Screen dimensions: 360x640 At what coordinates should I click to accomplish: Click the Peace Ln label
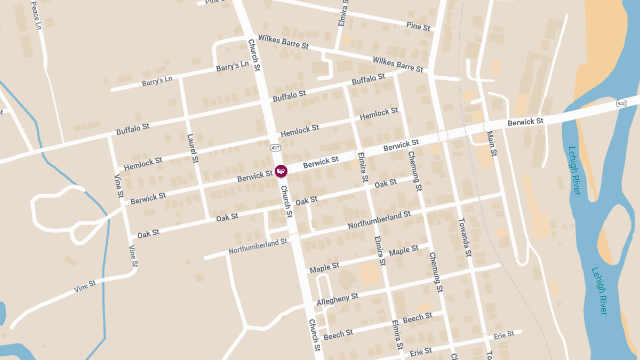pos(36,14)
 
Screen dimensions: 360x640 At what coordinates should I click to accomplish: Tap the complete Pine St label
pos(418,27)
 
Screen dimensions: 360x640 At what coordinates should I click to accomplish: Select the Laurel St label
pos(193,148)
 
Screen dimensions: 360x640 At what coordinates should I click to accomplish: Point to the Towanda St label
pos(465,237)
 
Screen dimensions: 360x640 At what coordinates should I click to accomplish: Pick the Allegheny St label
pos(337,299)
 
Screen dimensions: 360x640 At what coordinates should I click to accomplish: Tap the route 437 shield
pos(275,147)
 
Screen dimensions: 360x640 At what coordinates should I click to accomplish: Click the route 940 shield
pos(621,103)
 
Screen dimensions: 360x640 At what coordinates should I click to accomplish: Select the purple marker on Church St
pos(281,171)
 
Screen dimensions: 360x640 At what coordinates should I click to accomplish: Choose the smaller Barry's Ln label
pos(157,81)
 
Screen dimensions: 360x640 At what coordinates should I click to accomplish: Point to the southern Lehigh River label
pos(599,291)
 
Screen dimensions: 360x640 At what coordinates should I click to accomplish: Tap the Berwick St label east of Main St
pos(525,122)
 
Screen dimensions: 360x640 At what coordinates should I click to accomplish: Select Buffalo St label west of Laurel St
pos(133,129)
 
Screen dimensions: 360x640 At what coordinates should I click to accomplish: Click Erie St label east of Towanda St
pos(503,335)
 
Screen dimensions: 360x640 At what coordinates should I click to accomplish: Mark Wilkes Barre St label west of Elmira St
pos(283,42)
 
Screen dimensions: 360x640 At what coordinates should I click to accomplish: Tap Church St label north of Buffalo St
pos(254,54)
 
